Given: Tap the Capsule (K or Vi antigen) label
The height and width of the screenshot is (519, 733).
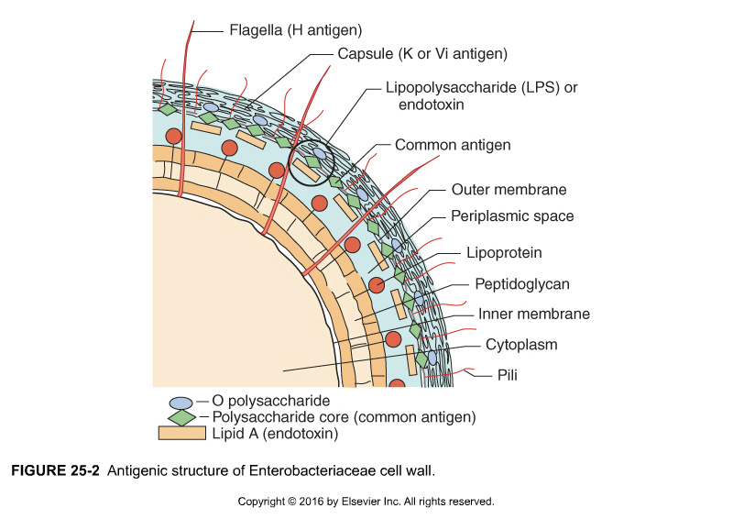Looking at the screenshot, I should coord(422,54).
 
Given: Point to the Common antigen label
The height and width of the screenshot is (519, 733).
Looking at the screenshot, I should coord(453,145).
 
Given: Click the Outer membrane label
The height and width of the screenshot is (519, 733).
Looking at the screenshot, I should coord(509,191).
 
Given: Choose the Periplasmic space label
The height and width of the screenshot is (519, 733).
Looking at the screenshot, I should coord(512,216).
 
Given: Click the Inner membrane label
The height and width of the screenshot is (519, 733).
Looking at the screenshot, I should coord(534,314).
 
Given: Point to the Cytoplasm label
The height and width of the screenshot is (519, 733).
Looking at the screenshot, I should coord(521,345).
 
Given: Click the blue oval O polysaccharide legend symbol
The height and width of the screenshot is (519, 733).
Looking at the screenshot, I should coord(181,402).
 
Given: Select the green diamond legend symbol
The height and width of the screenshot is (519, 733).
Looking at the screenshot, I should coord(182,417).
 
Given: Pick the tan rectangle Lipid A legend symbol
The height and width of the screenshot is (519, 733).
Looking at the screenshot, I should coord(181,433).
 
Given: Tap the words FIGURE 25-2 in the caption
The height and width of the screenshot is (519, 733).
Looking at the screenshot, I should coord(56,471).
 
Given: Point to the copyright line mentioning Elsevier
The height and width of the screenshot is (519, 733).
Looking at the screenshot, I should coord(366,502).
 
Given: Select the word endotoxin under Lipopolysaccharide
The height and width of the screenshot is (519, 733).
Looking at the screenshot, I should coord(432,105).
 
